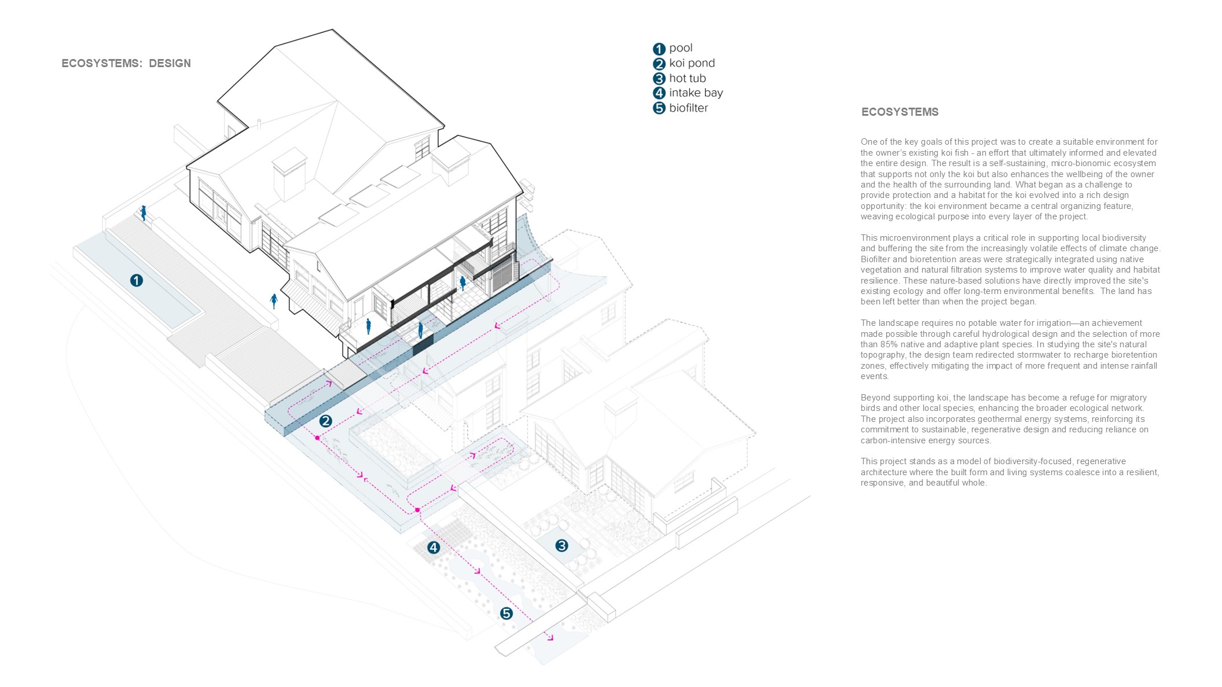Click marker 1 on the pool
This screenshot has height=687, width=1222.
(x=136, y=281)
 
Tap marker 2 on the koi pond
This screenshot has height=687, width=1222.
(x=325, y=421)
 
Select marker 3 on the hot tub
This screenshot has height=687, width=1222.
(x=562, y=545)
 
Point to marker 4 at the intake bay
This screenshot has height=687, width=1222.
(x=434, y=548)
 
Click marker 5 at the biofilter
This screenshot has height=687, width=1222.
(x=507, y=613)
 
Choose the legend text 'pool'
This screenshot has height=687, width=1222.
(x=681, y=48)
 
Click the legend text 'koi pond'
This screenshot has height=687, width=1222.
(x=692, y=63)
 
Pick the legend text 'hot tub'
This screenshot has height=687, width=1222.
(x=687, y=78)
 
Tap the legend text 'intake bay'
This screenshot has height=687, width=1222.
(x=696, y=93)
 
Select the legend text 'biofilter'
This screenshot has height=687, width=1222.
(x=688, y=108)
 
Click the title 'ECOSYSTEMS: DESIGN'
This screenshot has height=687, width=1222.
(x=126, y=64)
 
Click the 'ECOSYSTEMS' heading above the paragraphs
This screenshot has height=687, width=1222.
(x=900, y=112)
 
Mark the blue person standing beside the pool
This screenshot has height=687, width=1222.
(x=144, y=212)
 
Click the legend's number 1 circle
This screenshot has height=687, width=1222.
(x=659, y=49)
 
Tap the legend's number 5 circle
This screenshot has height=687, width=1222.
(x=659, y=108)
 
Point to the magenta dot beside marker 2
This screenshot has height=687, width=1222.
(x=317, y=438)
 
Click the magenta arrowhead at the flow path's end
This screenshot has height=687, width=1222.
(x=550, y=638)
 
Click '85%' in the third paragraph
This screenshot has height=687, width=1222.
(x=889, y=344)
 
